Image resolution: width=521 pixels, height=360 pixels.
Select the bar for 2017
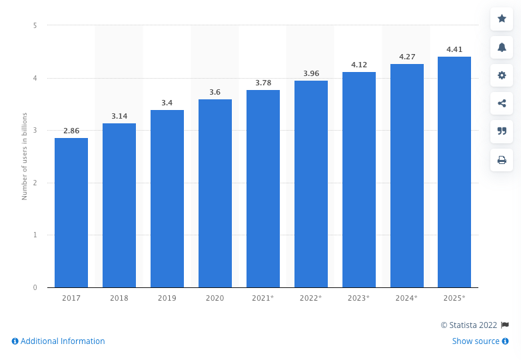click(x=71, y=213)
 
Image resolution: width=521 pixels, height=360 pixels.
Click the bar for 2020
click(x=215, y=193)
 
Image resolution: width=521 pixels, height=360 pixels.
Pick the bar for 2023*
click(x=358, y=180)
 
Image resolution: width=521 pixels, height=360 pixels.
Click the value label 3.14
click(x=119, y=116)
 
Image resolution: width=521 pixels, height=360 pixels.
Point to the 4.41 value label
click(x=454, y=49)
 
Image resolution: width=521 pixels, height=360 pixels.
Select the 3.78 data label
click(x=263, y=83)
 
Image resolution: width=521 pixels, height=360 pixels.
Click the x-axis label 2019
click(x=167, y=298)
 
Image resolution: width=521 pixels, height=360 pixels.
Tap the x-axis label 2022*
click(x=311, y=298)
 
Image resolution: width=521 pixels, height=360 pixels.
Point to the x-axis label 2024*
click(x=406, y=298)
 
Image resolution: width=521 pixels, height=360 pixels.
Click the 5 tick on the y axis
click(x=35, y=25)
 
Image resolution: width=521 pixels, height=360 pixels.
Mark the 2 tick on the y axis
click(x=35, y=183)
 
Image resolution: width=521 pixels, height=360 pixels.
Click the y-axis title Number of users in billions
click(x=25, y=156)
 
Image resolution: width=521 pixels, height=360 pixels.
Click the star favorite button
click(x=502, y=19)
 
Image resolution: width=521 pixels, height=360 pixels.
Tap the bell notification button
click(x=502, y=47)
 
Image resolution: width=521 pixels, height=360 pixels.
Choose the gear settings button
click(x=502, y=75)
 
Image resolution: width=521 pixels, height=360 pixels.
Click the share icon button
click(x=502, y=103)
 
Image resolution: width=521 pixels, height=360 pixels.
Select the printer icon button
click(x=502, y=160)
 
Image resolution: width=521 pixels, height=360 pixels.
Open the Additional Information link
click(x=59, y=341)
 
